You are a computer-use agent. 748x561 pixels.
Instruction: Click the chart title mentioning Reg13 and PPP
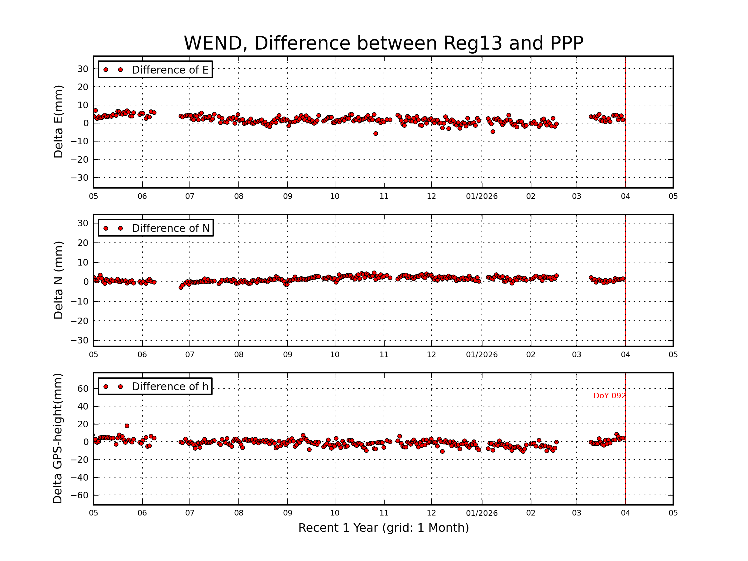[383, 43]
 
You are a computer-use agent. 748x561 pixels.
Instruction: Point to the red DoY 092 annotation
[609, 396]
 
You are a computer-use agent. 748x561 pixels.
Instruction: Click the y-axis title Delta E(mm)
[58, 122]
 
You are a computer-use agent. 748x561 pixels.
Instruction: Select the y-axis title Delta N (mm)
[58, 280]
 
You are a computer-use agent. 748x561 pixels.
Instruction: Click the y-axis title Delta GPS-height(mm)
[57, 439]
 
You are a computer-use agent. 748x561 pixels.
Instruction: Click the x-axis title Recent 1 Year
[383, 528]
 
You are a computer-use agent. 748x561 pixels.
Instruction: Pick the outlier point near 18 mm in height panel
[127, 426]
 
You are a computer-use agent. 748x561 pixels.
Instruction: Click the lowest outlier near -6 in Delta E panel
[375, 134]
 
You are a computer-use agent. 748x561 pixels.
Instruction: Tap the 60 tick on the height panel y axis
[83, 389]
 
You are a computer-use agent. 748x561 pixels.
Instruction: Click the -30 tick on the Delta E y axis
[79, 178]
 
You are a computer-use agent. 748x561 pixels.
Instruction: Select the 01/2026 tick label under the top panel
[482, 196]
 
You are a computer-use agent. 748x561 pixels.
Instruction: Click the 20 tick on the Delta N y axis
[83, 243]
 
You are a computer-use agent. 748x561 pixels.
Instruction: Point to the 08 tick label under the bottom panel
[238, 513]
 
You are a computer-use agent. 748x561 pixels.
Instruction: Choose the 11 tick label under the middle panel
[384, 355]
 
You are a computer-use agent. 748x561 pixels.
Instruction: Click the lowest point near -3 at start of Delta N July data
[180, 287]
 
